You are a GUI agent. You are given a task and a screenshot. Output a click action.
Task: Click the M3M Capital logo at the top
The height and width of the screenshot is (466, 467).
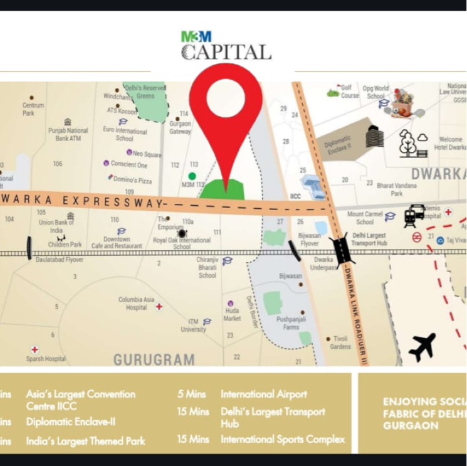226,46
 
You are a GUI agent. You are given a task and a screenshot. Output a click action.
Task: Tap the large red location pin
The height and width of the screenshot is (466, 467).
225,119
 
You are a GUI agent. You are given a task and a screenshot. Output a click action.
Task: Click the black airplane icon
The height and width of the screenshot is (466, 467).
422,346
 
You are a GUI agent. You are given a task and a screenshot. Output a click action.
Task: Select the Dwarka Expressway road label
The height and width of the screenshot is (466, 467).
81,200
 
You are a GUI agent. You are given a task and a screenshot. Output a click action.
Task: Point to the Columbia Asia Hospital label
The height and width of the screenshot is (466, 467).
136,304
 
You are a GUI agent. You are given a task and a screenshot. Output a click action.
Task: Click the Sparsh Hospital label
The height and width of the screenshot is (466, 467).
46,359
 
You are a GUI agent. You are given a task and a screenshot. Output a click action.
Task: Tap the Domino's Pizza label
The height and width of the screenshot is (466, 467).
133,181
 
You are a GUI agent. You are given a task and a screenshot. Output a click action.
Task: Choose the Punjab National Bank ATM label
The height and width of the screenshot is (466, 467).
68,134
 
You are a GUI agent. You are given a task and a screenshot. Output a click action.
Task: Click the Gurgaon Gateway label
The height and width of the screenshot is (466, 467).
180,127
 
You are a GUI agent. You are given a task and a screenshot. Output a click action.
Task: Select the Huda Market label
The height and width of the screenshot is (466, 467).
232,314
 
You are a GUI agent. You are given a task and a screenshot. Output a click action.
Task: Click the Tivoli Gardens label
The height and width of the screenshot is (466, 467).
340,342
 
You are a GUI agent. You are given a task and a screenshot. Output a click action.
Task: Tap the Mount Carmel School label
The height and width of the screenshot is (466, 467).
365,218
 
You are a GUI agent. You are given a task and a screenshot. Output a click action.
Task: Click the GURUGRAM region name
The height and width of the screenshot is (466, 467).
154,359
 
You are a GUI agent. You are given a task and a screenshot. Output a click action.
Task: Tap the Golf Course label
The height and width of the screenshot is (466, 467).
350,92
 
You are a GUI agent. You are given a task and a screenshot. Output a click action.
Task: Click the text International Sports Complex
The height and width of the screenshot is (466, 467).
282,439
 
